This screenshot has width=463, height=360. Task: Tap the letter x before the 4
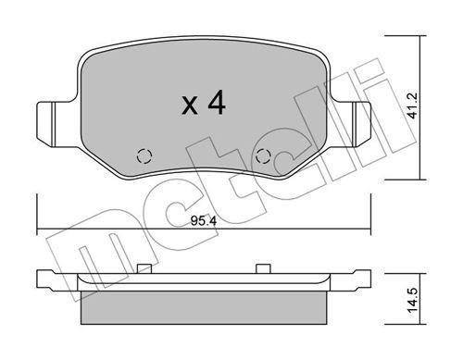(189, 107)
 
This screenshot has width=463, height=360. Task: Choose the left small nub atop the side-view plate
(144, 269)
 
